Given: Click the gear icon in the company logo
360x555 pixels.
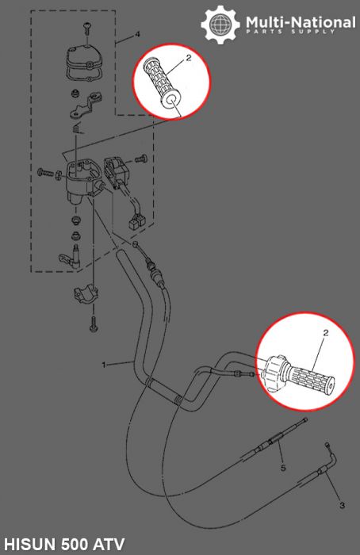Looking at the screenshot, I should point(220,24).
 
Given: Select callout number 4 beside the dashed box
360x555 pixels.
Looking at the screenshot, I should point(137,35).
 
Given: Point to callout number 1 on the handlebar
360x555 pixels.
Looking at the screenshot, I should point(103,364).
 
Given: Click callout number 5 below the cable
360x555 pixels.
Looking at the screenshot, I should point(283,468).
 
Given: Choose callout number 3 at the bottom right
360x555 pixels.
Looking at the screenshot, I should point(342,504).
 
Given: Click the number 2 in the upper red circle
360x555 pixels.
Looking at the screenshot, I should point(189,58).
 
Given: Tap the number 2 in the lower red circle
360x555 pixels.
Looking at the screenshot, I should point(326,335).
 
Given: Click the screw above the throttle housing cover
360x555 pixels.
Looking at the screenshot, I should point(86,29).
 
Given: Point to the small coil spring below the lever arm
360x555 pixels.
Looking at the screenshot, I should point(77,128).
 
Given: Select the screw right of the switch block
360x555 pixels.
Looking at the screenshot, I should point(141,159).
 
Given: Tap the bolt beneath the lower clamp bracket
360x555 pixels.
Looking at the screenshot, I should point(93,323).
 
